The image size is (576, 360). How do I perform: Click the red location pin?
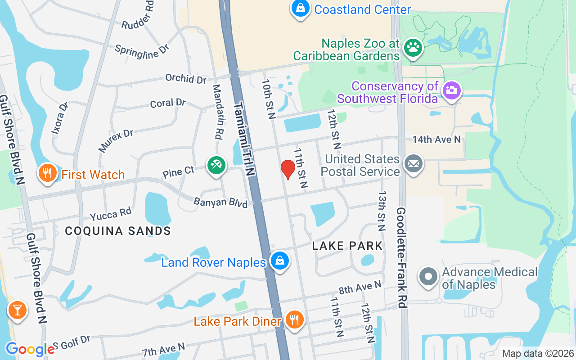pyautogui.click(x=288, y=169)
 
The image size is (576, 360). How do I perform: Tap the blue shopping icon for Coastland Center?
pyautogui.click(x=300, y=8)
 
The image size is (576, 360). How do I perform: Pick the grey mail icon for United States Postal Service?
pyautogui.click(x=413, y=164)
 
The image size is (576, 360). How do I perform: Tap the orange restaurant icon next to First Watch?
pyautogui.click(x=47, y=173)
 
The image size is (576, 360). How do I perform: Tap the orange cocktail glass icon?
pyautogui.click(x=18, y=310)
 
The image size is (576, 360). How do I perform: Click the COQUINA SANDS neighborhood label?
pyautogui.click(x=118, y=231)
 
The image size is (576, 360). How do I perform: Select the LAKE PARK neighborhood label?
pyautogui.click(x=347, y=246)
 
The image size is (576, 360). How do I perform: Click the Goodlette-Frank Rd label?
pyautogui.click(x=402, y=257)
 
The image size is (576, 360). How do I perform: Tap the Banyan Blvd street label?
pyautogui.click(x=220, y=202)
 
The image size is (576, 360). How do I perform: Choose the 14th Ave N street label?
pyautogui.click(x=436, y=139)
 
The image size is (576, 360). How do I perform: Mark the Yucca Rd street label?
pyautogui.click(x=111, y=215)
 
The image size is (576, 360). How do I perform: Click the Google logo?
pyautogui.click(x=30, y=349)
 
